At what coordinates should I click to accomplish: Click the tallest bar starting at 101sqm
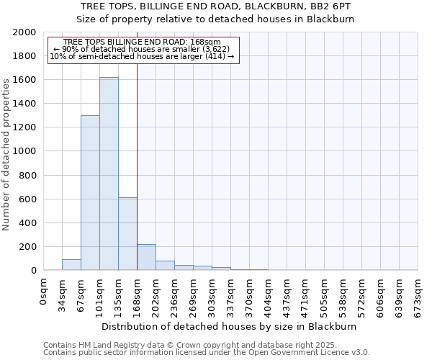point(109,174)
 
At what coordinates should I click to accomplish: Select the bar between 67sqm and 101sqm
point(90,193)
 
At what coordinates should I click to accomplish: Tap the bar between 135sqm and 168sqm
point(127,234)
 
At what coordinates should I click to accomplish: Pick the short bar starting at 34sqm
point(71,265)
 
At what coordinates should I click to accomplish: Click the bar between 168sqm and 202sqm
point(146,258)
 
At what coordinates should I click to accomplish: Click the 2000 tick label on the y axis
point(24,32)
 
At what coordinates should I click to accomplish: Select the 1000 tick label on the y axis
point(24,151)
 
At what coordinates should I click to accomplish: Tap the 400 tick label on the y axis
point(27,223)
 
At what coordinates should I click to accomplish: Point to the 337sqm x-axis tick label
point(230,294)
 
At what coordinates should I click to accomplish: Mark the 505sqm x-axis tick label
point(324,294)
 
